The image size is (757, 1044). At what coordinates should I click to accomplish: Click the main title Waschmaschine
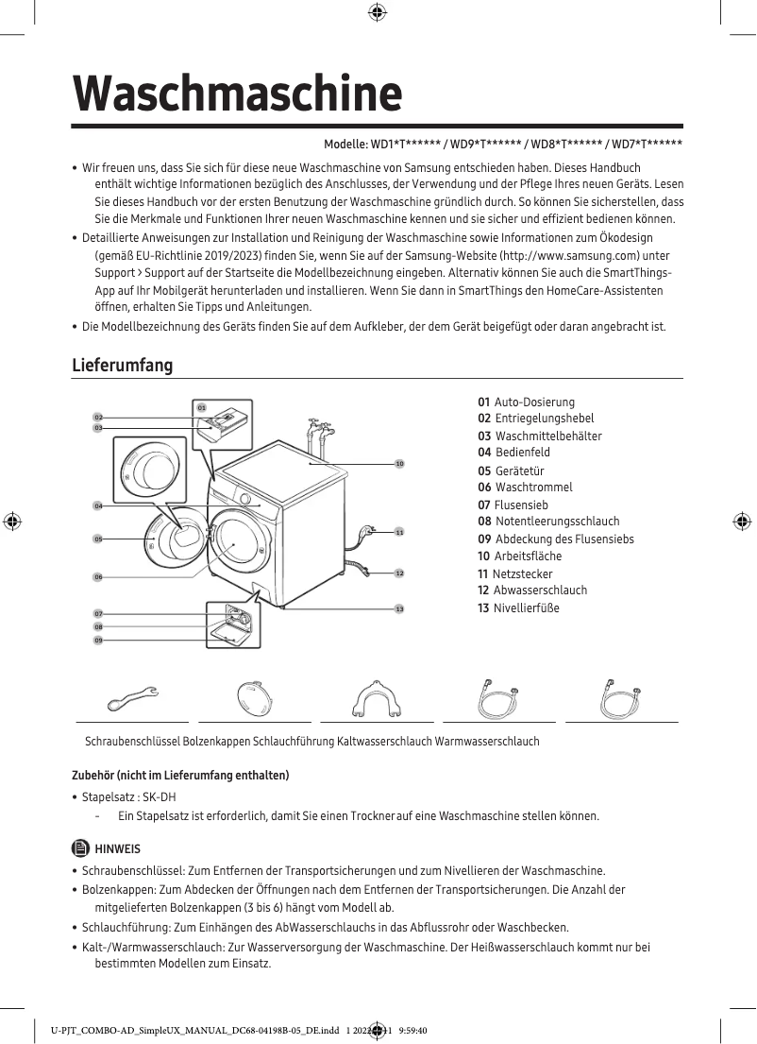[238, 93]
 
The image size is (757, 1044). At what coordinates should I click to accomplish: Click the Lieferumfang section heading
[123, 365]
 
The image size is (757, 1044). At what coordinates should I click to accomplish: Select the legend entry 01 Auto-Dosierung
[526, 402]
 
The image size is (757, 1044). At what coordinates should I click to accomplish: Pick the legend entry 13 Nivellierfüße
[518, 608]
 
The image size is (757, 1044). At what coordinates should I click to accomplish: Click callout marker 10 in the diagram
[399, 464]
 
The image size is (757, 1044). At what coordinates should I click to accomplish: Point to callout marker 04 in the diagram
[97, 506]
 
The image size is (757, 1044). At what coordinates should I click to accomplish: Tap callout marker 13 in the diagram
[399, 608]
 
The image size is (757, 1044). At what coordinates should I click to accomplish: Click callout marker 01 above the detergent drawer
[201, 407]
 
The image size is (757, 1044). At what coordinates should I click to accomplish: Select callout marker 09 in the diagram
[97, 641]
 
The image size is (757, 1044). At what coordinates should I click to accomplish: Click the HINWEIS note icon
[79, 848]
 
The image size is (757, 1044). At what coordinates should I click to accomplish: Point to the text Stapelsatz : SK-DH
[129, 796]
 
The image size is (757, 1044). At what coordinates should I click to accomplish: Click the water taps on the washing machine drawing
[318, 435]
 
